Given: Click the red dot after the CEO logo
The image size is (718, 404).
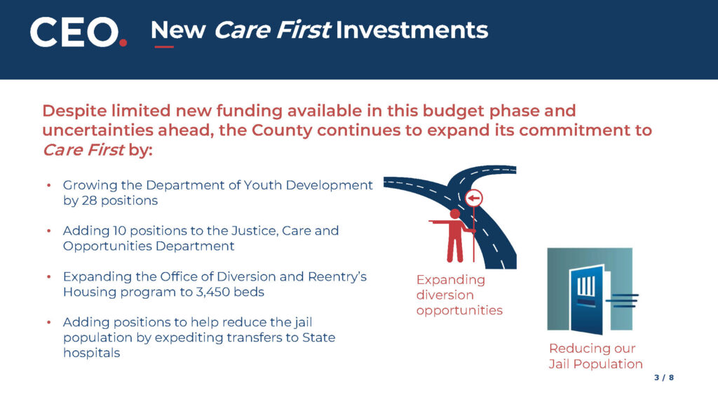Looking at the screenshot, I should pyautogui.click(x=123, y=42).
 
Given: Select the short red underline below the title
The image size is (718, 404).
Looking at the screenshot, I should pyautogui.click(x=163, y=47).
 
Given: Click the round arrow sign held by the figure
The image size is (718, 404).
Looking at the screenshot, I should pyautogui.click(x=475, y=198).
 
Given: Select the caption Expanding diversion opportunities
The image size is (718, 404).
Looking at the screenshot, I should pyautogui.click(x=459, y=295).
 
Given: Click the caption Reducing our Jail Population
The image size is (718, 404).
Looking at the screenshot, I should pyautogui.click(x=595, y=356).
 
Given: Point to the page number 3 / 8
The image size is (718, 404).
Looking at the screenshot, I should pyautogui.click(x=663, y=378).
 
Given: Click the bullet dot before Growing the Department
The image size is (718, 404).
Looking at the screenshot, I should pyautogui.click(x=49, y=186).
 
